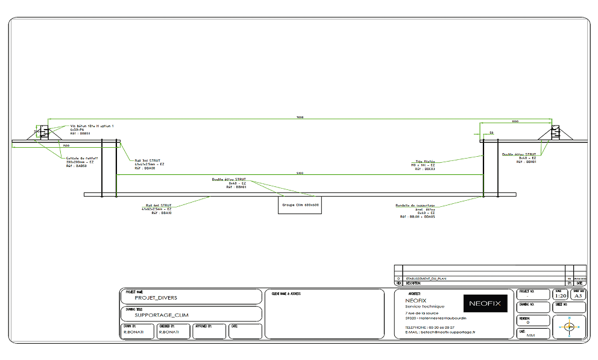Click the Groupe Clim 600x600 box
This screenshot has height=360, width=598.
tap(300, 205)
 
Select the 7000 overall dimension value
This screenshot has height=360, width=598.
tap(300, 117)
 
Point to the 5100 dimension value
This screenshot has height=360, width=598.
tap(300, 174)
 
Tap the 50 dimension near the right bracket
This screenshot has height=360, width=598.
tap(492, 132)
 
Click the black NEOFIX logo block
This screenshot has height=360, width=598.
tap(485, 303)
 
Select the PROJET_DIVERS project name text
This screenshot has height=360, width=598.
tap(156, 297)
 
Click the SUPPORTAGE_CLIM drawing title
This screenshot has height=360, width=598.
tap(162, 315)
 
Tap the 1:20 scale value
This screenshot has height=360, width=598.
tap(560, 296)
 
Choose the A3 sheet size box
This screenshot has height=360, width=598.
tap(578, 296)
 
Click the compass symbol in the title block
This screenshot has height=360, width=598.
tap(569, 326)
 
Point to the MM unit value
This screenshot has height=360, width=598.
tap(530, 335)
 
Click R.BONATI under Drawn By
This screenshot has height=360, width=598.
tap(133, 332)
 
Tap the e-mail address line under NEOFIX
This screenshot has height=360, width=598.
tap(440, 332)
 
